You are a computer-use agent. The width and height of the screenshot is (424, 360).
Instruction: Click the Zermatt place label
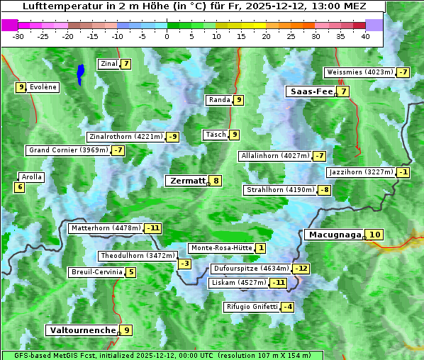pos(187,181)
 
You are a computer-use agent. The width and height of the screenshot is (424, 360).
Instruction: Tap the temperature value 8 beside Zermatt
pos(216,181)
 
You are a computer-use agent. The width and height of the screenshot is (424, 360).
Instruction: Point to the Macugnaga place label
pos(334,235)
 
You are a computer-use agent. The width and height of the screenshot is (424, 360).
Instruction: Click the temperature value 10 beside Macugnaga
pos(375,235)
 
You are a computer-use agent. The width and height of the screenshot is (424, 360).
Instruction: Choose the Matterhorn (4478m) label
pos(105,228)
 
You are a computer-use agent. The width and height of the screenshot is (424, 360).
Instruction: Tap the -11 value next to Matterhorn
pos(153,228)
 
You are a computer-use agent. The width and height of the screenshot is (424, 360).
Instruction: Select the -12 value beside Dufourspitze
pos(302,269)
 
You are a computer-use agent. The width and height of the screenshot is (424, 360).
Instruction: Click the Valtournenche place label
pos(82,330)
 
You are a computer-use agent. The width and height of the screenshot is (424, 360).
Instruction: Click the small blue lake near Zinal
pos(80,73)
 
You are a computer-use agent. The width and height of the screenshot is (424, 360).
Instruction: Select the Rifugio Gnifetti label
pos(252,307)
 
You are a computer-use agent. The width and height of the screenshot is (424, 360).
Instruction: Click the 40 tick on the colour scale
pos(365,36)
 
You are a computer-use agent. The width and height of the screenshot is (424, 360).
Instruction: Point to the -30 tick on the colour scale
pos(18,36)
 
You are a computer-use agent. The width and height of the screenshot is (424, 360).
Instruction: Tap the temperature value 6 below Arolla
pos(19,187)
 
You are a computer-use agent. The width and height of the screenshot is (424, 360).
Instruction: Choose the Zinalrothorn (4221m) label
pos(125,136)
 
